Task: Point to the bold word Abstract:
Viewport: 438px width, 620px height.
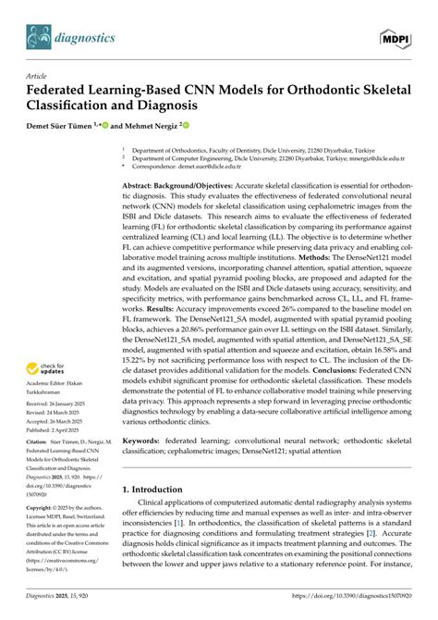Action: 145,186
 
